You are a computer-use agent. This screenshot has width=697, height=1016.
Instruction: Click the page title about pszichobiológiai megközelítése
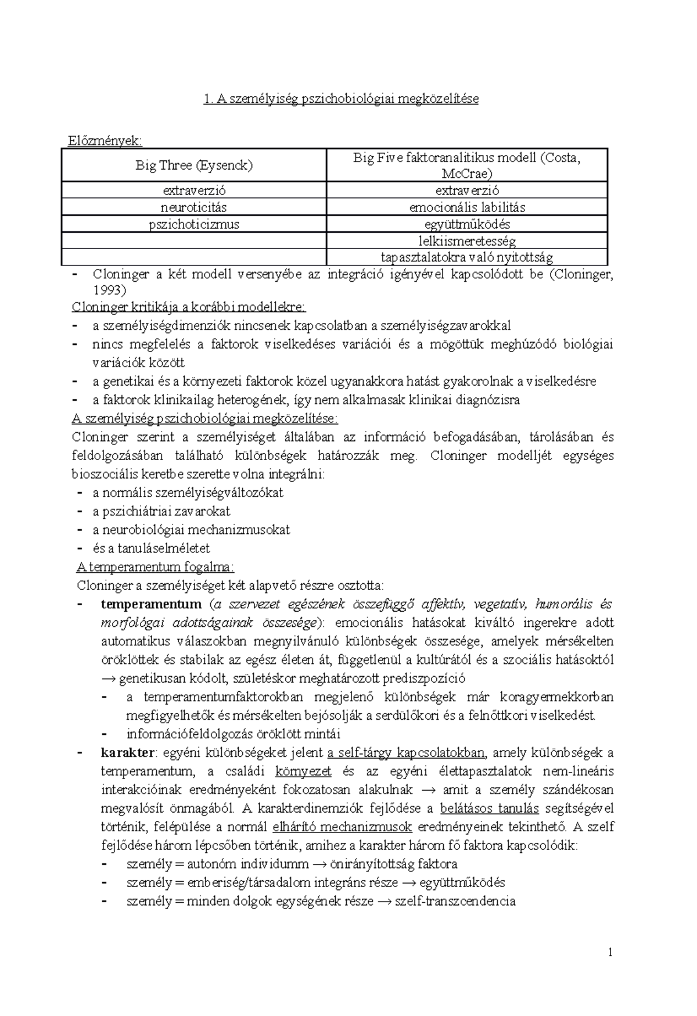[341, 99]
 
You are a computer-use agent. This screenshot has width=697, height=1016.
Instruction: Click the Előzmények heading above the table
[105, 141]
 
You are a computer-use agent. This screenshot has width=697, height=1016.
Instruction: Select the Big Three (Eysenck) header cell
[194, 166]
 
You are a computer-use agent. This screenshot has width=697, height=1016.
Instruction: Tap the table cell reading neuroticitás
[194, 207]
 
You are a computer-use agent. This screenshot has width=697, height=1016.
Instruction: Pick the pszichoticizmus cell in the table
[194, 224]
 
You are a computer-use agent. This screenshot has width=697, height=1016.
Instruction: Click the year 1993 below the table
[109, 290]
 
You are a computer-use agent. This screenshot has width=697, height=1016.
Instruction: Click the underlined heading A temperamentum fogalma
[155, 567]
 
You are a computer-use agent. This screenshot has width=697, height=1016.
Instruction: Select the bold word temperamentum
[151, 604]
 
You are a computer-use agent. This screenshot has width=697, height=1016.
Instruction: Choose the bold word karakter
[128, 753]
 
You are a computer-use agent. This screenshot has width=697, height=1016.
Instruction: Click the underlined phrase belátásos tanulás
[490, 809]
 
